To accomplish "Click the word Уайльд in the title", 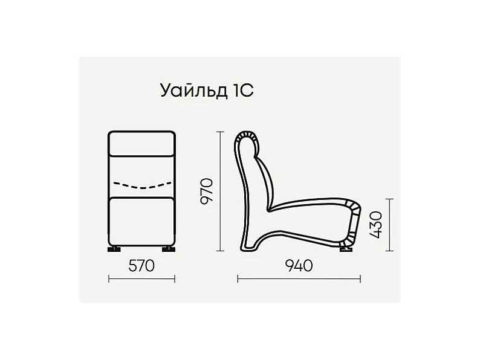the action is click(193, 91).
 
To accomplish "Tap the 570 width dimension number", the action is click(141, 266).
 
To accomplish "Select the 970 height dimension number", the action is click(206, 191).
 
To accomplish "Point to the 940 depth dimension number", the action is click(299, 266).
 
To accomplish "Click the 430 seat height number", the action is click(375, 225).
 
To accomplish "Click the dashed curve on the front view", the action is click(142, 185).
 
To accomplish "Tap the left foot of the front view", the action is click(114, 249).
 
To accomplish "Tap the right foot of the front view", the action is click(169, 249).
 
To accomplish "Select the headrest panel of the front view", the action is click(141, 144).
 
